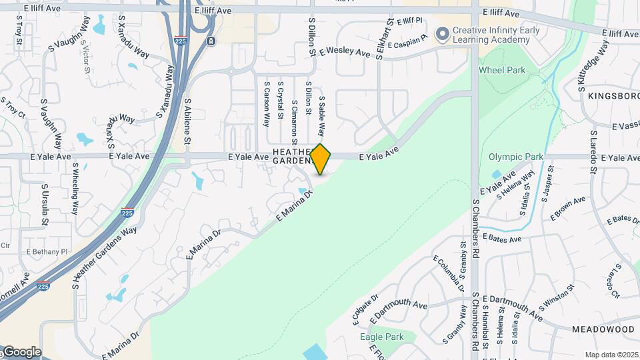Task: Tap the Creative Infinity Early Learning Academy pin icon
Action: [441, 33]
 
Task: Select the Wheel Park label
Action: [501, 70]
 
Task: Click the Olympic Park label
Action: [516, 157]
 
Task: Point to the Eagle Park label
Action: [381, 337]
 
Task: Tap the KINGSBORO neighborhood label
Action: [613, 96]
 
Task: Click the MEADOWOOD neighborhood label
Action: [603, 329]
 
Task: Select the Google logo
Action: [21, 352]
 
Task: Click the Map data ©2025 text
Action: [611, 355]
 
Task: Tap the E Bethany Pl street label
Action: [47, 251]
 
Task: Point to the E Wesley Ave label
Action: [344, 51]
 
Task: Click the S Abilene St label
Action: [188, 122]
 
